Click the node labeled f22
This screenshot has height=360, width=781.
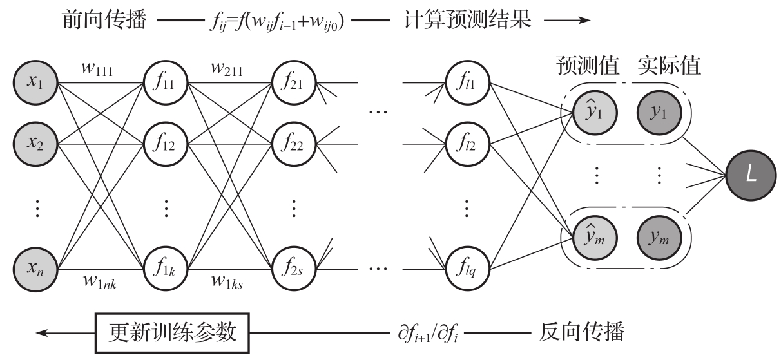click(x=293, y=141)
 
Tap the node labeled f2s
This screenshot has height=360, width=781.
click(x=293, y=265)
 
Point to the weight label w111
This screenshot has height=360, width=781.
click(x=97, y=68)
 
